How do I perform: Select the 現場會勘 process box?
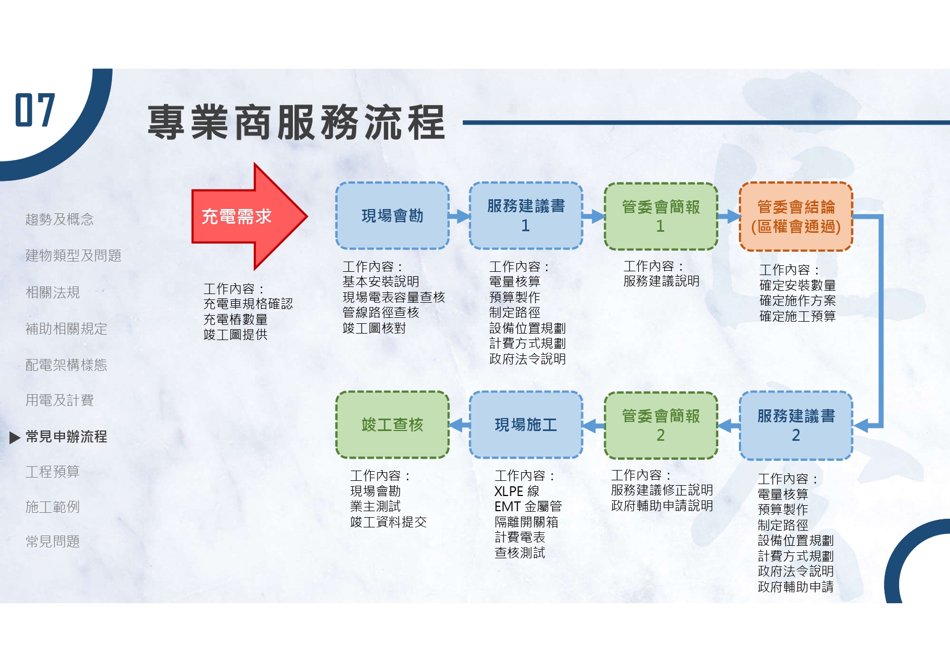pos(392,216)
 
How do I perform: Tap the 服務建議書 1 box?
pos(526,216)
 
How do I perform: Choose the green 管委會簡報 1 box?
pos(660,216)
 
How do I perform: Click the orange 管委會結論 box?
pos(796,217)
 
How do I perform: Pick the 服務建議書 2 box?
pos(796,426)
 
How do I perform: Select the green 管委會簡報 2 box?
pos(660,426)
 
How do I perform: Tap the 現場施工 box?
pos(526,425)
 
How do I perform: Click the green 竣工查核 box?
pos(392,425)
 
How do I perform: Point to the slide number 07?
pos(35,110)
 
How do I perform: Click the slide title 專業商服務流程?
pos(296,123)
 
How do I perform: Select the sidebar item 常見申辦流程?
pos(66,436)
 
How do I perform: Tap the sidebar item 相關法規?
pos(53,292)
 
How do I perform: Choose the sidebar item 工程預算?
pos(53,472)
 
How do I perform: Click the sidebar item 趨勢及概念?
pos(60,219)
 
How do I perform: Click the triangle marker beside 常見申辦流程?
pos(15,437)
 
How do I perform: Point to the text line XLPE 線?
pos(517,491)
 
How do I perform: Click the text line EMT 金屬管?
pos(528,506)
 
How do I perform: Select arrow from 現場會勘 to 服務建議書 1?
pos(459,217)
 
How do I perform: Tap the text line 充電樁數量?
pos(235,319)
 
